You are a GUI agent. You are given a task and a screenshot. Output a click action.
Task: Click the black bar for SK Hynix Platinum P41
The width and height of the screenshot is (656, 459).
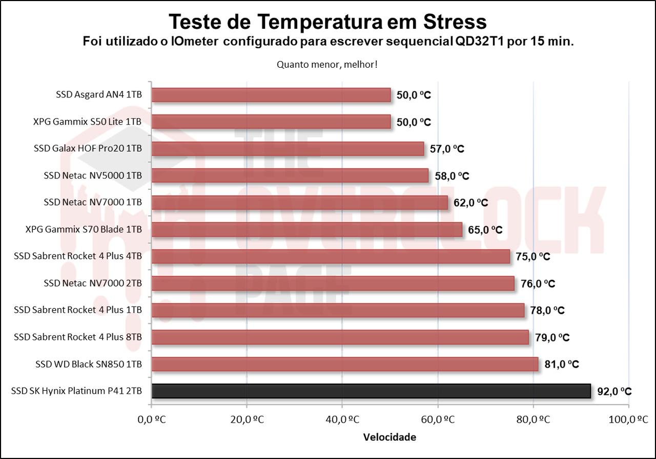[x=371, y=391]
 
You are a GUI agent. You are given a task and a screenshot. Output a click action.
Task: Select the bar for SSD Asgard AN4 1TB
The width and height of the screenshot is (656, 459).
[x=271, y=95]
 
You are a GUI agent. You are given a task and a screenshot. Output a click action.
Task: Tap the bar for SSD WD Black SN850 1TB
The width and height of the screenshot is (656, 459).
[x=345, y=364]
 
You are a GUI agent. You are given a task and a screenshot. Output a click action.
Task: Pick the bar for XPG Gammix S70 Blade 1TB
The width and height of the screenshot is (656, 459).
[x=307, y=229]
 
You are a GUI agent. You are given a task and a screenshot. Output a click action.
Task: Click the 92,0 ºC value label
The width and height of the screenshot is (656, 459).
[x=614, y=391]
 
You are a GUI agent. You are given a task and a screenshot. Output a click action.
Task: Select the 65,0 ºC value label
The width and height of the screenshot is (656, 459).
[x=485, y=230]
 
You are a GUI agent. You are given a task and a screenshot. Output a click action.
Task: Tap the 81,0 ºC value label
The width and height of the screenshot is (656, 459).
[x=562, y=364]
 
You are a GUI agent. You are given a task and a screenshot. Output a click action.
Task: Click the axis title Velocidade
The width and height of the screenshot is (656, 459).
[x=389, y=437]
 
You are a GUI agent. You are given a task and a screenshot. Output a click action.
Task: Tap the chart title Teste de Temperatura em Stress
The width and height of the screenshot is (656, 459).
[x=327, y=22]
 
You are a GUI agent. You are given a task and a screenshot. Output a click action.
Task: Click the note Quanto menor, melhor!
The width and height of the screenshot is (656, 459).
[x=327, y=65]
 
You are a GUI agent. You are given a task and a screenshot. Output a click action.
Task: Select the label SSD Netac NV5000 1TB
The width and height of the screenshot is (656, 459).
[x=93, y=175]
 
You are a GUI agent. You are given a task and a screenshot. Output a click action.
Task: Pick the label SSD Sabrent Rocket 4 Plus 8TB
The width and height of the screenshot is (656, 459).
[x=78, y=337]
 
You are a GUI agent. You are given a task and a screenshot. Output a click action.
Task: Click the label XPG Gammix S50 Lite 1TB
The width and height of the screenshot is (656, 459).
[x=87, y=122]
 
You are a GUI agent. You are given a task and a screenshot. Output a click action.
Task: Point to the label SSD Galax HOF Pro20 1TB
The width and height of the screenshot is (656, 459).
[x=88, y=149]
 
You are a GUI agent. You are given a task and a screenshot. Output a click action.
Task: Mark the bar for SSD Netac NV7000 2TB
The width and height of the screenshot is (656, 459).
[x=333, y=283]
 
